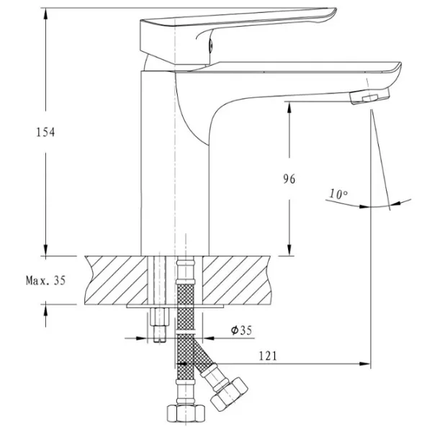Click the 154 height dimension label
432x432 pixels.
[x=46, y=132]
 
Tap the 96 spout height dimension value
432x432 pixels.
[x=289, y=179]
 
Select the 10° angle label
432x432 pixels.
[x=338, y=194]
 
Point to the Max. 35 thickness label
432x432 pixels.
[x=46, y=281]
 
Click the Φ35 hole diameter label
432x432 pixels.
[x=241, y=330]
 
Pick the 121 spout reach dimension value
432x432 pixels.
[x=268, y=356]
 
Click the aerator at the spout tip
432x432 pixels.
[x=370, y=96]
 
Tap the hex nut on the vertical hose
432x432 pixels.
[x=186, y=413]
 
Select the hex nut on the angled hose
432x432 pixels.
[x=229, y=395]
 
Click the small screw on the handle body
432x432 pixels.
[x=211, y=45]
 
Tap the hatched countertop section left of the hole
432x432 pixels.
[x=116, y=280]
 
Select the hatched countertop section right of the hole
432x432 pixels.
[x=237, y=280]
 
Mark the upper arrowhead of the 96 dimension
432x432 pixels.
[x=289, y=107]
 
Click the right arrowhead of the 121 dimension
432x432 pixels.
[x=364, y=364]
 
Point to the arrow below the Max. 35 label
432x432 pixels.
[x=46, y=316]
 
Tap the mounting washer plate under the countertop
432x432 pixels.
[x=175, y=306]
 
